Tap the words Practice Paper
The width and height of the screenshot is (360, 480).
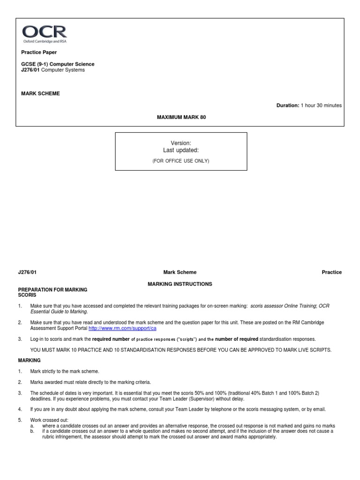pos(39,52)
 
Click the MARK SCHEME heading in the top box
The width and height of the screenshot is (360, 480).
pos(40,93)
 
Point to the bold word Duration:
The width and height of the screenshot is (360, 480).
pos(287,105)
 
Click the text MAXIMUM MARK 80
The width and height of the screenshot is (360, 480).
pos(181,117)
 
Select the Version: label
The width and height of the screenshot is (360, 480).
pos(180,142)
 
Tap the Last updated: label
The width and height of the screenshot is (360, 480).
pos(180,150)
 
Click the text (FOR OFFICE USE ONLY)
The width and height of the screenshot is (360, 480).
pos(180,161)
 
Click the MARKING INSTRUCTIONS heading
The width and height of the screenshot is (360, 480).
pos(180,284)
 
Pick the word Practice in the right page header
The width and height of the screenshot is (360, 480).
pos(331,272)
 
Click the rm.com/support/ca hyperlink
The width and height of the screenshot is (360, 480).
pos(122,329)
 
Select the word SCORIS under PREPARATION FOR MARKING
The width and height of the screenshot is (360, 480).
pos(27,295)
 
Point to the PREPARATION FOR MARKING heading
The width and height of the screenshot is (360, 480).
pos(52,290)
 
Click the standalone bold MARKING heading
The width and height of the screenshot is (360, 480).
pos(29,360)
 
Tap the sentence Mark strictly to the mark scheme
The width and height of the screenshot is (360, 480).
pos(65,371)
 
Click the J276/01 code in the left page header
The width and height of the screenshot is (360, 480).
pos(27,272)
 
